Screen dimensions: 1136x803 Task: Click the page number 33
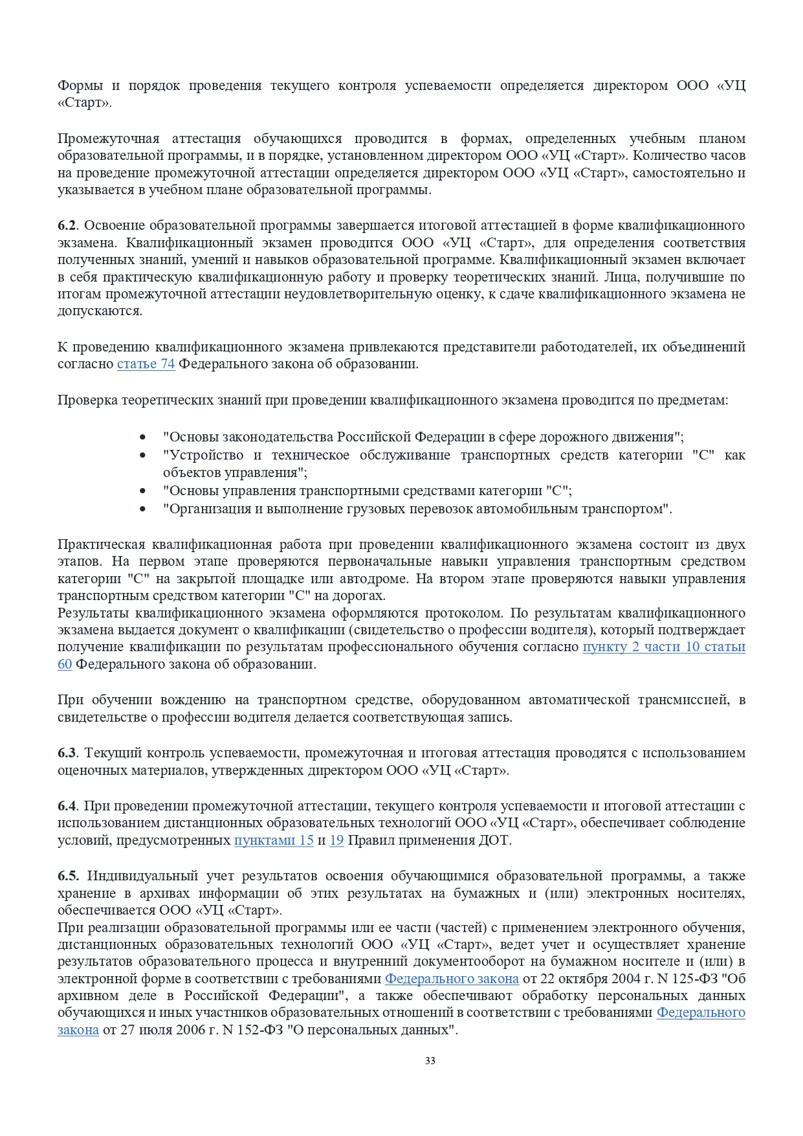point(430,1060)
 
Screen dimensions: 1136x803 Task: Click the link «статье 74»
point(146,364)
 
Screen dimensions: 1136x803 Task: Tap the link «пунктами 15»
point(274,840)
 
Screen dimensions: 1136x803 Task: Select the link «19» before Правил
point(336,840)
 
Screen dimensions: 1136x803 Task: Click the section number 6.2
point(67,225)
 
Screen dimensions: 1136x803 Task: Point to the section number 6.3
point(67,753)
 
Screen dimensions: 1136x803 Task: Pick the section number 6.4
point(67,806)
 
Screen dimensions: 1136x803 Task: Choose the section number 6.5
point(68,876)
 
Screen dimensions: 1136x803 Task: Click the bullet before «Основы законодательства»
point(143,438)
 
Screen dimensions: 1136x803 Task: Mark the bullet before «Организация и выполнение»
point(143,509)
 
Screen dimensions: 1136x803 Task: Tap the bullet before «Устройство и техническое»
point(143,456)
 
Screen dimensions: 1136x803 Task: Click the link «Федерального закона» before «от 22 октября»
point(452,979)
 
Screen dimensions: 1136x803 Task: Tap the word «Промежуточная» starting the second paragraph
point(108,139)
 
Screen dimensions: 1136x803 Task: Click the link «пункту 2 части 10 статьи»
point(664,647)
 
